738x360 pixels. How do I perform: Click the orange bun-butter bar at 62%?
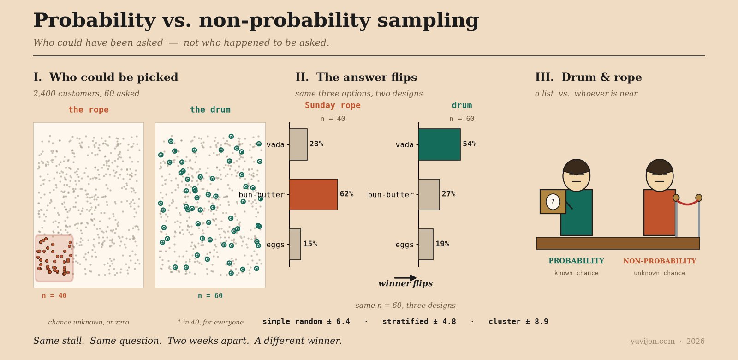[x=313, y=194]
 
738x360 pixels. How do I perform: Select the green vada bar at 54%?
[x=440, y=144]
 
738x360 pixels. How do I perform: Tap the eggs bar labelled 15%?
[x=295, y=244]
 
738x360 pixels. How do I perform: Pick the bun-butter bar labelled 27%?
[x=429, y=194]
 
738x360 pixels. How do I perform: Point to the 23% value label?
[x=316, y=144]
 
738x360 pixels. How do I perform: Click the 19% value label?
[x=442, y=244]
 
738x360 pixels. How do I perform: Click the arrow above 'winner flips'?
[x=405, y=278]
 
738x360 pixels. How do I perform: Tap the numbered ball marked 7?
[x=553, y=201]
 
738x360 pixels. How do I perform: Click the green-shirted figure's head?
[x=576, y=175]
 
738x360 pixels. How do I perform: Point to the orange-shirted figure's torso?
[x=659, y=212]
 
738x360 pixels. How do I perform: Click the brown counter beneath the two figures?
[x=618, y=243]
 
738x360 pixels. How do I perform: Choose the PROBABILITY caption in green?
[x=576, y=261]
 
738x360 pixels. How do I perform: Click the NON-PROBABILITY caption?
[x=660, y=261]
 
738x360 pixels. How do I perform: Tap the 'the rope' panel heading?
[x=88, y=109]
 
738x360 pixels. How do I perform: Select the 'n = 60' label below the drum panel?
[x=210, y=296]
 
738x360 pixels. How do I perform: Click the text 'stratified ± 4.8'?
[x=419, y=321]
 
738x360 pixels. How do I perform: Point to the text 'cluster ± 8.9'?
[x=518, y=321]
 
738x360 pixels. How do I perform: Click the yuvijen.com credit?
[x=652, y=341]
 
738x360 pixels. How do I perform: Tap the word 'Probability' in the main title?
[x=95, y=20]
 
